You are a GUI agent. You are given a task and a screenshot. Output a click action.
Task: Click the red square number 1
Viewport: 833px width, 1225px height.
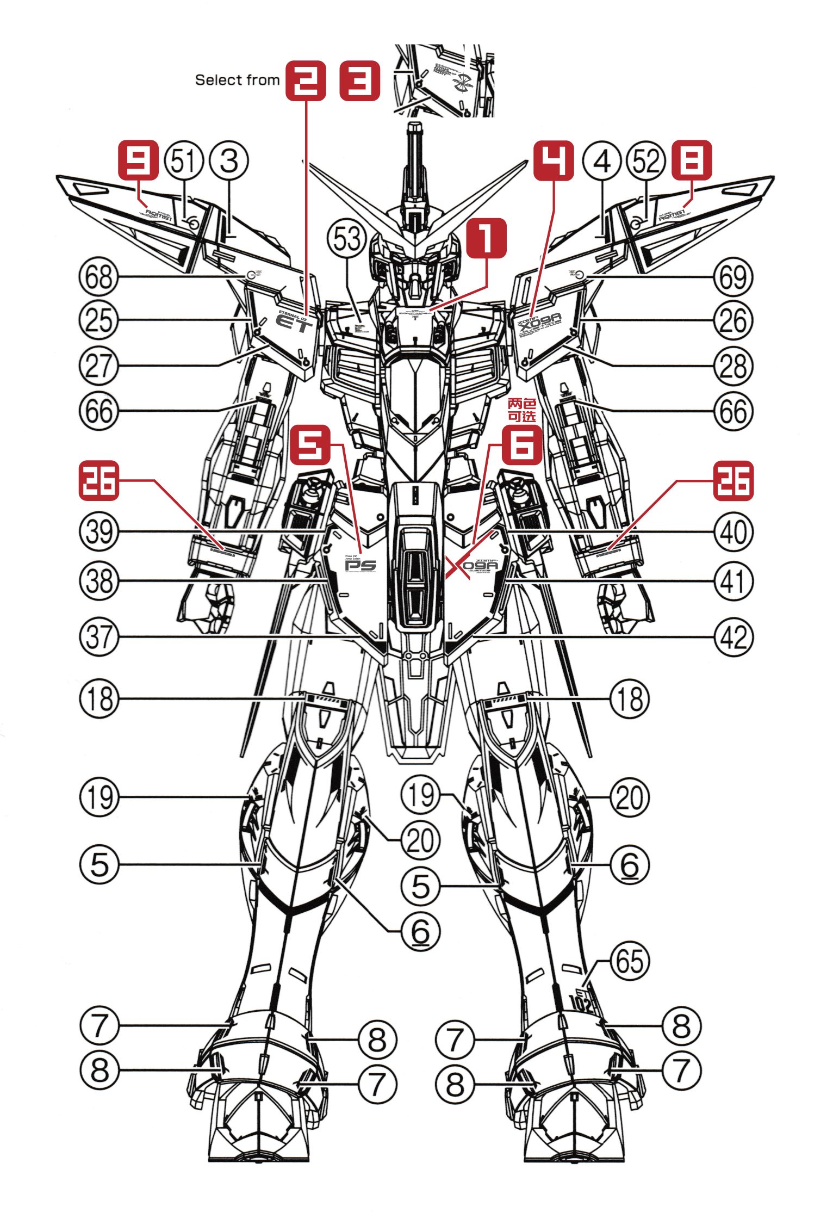pos(486,238)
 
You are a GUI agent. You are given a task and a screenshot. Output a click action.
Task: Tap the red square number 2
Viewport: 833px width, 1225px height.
pos(306,80)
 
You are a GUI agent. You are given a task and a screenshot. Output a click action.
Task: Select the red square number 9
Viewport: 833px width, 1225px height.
pos(139,160)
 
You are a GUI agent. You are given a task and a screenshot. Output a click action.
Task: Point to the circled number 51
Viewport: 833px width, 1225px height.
pos(183,161)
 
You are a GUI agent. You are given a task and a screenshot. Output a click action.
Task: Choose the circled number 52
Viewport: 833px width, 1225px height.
pos(646,161)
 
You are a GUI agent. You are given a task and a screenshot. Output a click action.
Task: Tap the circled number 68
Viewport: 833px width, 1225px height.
pos(99,277)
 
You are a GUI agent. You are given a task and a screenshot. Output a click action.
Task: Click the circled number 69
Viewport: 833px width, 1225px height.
pos(733,277)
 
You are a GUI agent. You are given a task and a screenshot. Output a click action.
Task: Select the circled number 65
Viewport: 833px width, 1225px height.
pos(630,962)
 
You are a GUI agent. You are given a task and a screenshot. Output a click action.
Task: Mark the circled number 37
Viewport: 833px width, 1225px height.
pos(99,636)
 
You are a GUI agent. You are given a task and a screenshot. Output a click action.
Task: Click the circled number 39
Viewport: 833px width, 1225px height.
pos(99,531)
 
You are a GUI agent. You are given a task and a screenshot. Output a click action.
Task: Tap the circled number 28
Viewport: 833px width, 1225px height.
pos(733,366)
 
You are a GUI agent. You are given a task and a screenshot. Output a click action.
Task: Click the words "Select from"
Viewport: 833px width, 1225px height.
pos(237,80)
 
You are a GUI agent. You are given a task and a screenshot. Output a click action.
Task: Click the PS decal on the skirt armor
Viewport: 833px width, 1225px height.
pos(360,565)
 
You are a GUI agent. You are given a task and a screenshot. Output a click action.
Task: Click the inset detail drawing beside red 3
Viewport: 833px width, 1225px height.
pos(444,81)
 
